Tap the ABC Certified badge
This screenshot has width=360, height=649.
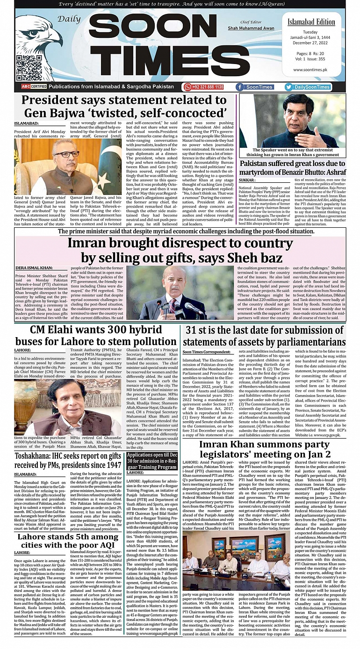coord(33,87)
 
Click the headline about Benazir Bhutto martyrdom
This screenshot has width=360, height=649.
coord(292,167)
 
